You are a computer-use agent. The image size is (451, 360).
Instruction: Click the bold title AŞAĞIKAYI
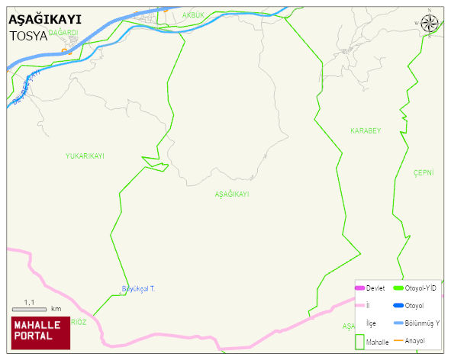click(x=44, y=21)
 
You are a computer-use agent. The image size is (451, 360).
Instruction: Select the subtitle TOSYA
click(x=27, y=36)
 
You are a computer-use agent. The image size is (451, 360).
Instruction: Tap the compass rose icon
click(x=430, y=24)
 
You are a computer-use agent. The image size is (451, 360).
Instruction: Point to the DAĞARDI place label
click(x=63, y=33)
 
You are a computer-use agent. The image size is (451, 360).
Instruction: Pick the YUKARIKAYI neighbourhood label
click(x=85, y=156)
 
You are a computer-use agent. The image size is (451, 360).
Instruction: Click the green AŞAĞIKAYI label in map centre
click(x=232, y=194)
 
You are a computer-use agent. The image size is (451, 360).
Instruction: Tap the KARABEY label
click(x=365, y=131)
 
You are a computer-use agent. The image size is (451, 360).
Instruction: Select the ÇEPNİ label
click(x=423, y=173)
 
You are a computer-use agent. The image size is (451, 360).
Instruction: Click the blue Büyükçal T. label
click(x=138, y=288)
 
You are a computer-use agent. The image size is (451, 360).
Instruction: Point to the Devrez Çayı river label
click(x=26, y=85)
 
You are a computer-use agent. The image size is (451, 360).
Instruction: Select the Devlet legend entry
click(x=374, y=288)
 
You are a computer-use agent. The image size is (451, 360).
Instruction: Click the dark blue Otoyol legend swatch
click(x=398, y=306)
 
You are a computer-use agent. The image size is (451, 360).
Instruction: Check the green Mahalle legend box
click(x=360, y=342)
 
